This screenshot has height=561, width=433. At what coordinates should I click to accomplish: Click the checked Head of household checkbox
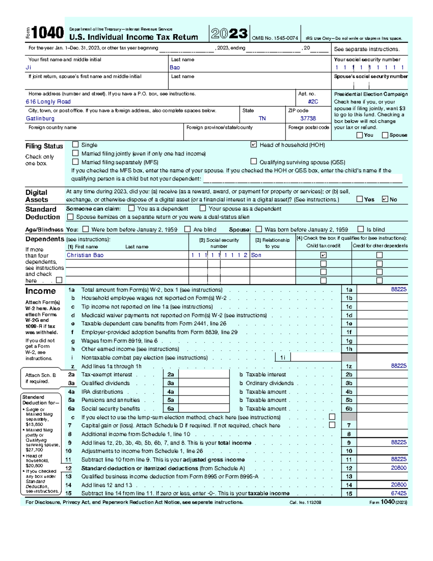[254, 144]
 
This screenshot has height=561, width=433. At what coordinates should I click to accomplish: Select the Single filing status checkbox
[75, 144]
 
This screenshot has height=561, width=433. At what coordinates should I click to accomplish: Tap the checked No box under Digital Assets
[385, 199]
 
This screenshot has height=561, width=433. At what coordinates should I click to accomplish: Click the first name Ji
[29, 68]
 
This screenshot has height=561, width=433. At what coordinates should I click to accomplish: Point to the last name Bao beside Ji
[175, 68]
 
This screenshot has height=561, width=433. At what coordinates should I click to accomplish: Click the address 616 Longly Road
[48, 102]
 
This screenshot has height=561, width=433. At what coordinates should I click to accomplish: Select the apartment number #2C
[313, 102]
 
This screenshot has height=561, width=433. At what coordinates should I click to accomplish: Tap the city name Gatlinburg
[40, 118]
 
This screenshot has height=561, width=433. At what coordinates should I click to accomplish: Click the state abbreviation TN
[262, 118]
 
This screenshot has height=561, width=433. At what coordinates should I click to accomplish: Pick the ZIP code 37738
[308, 118]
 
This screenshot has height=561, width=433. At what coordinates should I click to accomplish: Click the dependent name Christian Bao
[85, 255]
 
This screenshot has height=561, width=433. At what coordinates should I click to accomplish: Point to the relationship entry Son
[256, 255]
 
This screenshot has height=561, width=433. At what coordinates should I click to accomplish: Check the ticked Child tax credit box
[323, 255]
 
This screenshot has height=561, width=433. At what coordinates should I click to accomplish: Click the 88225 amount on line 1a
[399, 289]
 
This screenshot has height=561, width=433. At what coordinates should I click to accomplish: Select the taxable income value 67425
[399, 493]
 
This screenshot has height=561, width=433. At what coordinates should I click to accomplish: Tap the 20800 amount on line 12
[399, 468]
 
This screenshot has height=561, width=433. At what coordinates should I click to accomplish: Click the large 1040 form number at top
[48, 33]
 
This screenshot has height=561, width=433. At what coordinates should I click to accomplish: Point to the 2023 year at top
[229, 34]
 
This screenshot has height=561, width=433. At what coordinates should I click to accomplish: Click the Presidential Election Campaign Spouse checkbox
[385, 135]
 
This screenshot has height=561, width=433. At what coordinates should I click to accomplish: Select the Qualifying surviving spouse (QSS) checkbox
[254, 161]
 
